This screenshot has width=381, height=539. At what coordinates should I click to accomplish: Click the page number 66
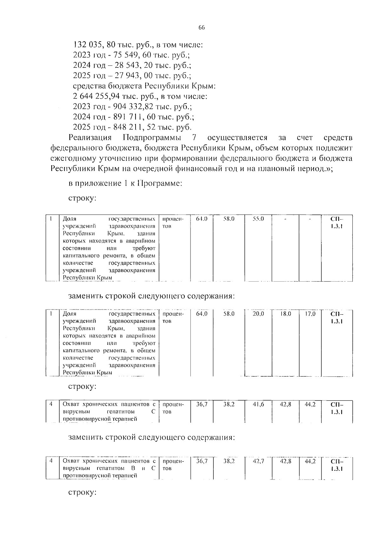coord(202,28)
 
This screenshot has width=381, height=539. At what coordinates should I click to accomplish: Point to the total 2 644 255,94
coord(96,96)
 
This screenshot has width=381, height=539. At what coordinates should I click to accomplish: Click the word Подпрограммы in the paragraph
coord(152,138)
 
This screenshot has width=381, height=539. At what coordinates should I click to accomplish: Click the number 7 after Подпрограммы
coord(194,138)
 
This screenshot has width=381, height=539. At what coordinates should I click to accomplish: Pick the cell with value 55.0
coord(258,219)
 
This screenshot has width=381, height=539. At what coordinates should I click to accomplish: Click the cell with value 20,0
coord(258,314)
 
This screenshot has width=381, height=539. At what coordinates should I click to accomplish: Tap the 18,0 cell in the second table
coord(285,314)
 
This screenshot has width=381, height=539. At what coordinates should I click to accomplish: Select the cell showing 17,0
coord(310,314)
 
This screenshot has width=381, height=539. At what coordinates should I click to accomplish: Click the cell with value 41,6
coord(258,405)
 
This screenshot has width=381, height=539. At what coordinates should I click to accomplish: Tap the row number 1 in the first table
coord(51,219)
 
